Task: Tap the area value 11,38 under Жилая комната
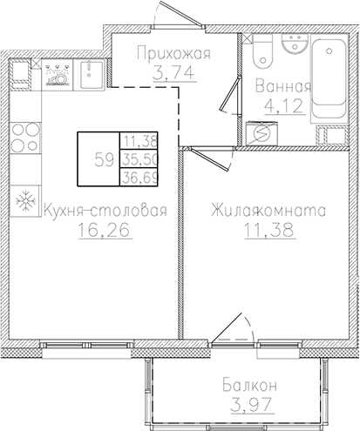click(268, 232)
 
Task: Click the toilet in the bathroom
click(259, 54)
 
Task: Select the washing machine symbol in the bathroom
click(259, 133)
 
